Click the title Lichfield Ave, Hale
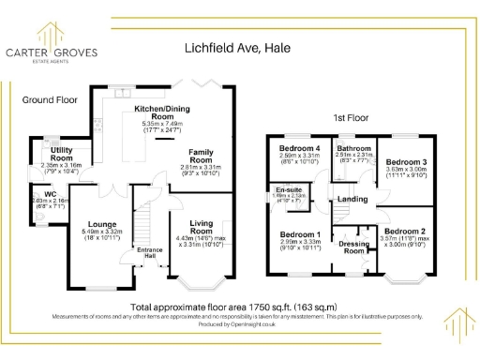tap(239, 46)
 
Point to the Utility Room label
tap(62, 154)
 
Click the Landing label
tap(352, 200)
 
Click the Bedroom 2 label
tap(405, 231)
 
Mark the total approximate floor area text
tap(233, 307)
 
